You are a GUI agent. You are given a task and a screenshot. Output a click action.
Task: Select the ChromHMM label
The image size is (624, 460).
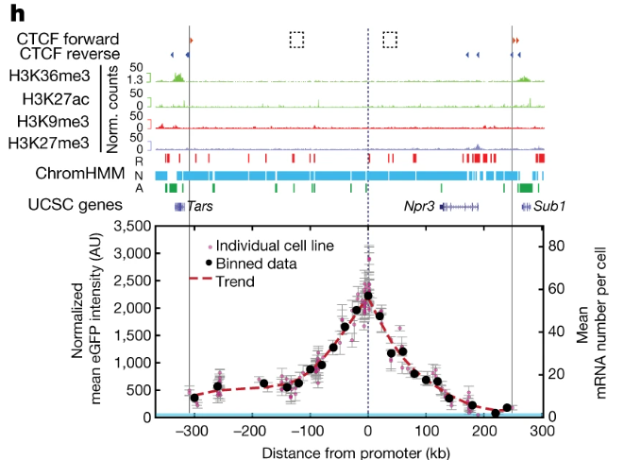[76, 175]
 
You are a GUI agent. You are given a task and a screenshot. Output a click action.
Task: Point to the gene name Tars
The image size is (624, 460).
[200, 205]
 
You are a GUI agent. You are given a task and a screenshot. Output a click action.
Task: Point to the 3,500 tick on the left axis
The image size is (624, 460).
[129, 227]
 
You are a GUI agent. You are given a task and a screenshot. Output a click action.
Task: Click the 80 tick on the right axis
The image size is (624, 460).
[558, 245]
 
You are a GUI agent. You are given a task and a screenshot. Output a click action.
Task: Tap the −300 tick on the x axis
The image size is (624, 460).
[193, 431]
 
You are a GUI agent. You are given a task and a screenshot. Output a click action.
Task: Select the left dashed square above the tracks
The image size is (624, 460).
[296, 39]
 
